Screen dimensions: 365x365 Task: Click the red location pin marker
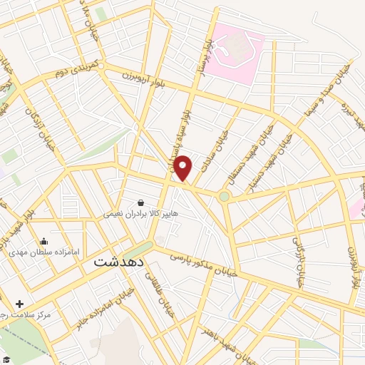tap(183, 168)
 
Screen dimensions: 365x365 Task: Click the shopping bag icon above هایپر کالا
tap(140, 202)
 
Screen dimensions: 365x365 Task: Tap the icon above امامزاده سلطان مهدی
tap(44, 242)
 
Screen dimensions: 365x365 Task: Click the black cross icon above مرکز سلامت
tap(19, 304)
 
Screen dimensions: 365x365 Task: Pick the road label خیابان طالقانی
tap(156, 275)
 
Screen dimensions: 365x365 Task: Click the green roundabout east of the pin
tap(225, 195)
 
